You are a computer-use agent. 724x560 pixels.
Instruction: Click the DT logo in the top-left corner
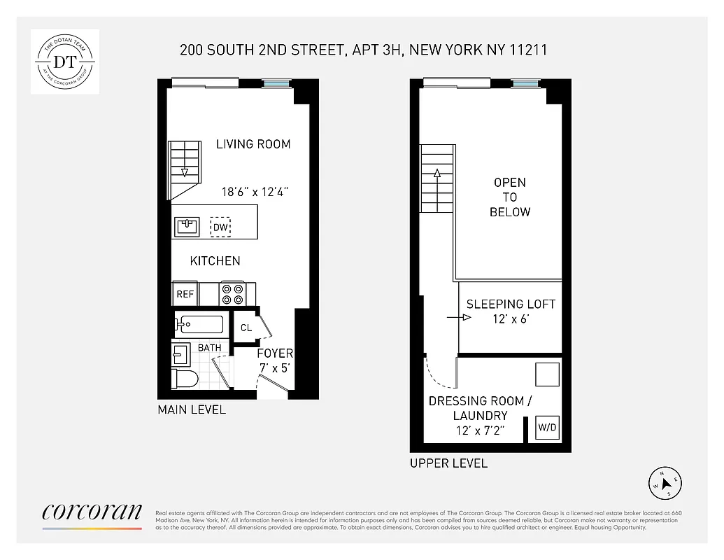65,62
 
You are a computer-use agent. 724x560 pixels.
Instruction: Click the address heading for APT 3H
363,50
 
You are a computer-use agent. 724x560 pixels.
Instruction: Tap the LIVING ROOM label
253,144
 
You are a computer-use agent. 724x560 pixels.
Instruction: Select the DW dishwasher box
221,227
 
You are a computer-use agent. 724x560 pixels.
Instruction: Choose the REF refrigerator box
185,294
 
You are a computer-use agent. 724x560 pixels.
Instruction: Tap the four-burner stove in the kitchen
233,294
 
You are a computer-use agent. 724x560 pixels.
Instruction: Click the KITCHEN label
215,261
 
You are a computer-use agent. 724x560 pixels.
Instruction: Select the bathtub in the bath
199,324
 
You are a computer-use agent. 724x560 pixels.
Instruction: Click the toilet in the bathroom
185,379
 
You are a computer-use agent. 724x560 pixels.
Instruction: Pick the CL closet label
246,328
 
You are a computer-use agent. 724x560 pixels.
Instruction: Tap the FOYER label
275,353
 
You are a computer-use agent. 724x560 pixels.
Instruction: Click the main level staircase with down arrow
185,168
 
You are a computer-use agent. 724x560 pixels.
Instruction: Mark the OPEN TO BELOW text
510,197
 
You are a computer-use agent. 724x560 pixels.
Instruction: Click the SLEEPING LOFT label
511,304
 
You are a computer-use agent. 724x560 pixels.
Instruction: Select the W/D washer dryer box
547,427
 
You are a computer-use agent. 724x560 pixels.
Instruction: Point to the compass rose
665,482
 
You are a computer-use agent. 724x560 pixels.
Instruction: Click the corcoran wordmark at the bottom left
92,512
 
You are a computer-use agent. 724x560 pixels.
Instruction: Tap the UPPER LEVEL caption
448,463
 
